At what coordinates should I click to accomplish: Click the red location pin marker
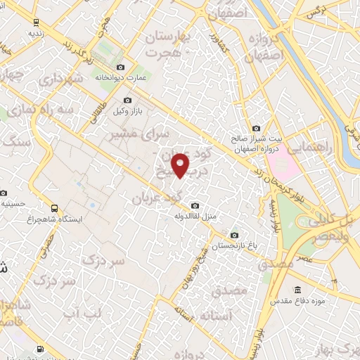(181, 165)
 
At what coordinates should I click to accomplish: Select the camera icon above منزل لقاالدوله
(188, 205)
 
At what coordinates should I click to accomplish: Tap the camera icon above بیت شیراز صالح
(256, 129)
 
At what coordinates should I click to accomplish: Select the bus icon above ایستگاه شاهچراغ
(55, 208)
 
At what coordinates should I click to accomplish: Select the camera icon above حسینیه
(5, 193)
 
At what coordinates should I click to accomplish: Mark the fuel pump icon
(39, 349)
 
